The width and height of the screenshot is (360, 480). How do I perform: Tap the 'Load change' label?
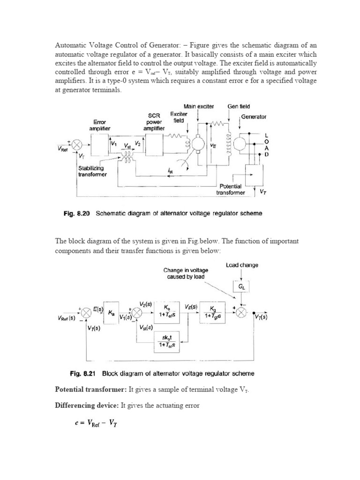tap(242, 265)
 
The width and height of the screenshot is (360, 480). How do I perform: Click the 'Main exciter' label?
tap(199, 106)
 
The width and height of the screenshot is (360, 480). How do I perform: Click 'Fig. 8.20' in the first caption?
tap(76, 214)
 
